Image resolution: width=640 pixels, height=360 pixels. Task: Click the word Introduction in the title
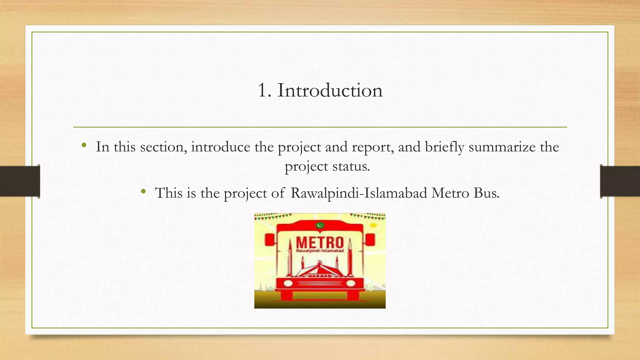330,90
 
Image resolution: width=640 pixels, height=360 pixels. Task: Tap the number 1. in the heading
264,90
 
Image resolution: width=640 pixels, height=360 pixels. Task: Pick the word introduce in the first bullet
221,147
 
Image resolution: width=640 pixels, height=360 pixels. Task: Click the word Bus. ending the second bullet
487,193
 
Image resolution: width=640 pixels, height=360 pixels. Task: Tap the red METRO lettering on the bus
319,242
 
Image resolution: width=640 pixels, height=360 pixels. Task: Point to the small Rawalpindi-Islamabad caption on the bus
320,251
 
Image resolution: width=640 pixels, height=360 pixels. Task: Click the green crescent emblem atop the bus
319,225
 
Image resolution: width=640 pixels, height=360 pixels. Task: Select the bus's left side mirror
269,240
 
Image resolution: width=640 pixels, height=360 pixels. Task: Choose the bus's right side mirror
370,240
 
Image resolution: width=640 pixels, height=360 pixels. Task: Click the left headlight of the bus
288,283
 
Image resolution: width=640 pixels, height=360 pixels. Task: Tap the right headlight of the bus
351,283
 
